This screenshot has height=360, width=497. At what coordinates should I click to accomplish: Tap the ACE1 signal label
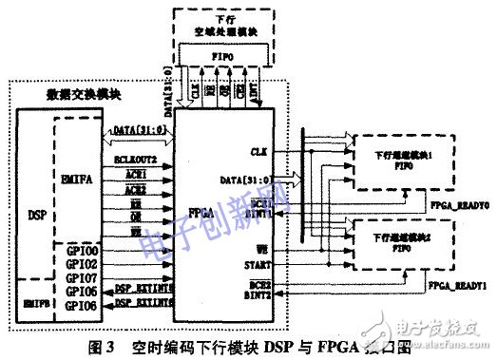click(x=126, y=163)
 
